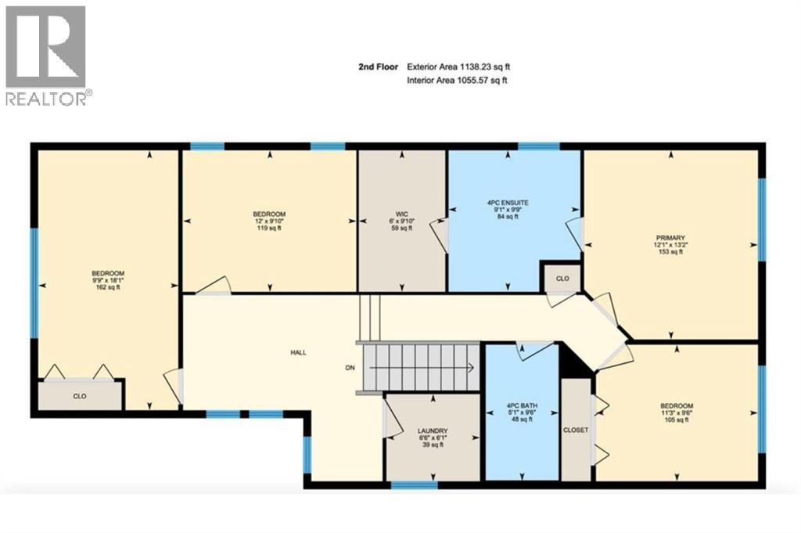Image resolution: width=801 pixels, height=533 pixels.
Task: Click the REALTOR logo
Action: click(46, 55)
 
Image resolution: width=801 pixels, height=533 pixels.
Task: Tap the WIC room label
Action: click(402, 213)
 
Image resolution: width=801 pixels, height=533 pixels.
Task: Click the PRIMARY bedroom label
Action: click(670, 236)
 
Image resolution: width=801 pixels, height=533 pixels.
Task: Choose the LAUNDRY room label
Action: click(432, 431)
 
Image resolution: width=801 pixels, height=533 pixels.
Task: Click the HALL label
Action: click(298, 352)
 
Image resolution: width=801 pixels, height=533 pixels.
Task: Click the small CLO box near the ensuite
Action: click(562, 278)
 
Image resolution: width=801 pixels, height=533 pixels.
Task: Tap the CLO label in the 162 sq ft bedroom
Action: click(80, 397)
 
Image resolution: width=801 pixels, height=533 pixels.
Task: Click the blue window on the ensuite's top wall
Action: click(539, 146)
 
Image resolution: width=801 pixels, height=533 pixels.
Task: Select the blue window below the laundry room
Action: click(408, 485)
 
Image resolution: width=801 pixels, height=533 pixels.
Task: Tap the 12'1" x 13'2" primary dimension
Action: click(670, 244)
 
